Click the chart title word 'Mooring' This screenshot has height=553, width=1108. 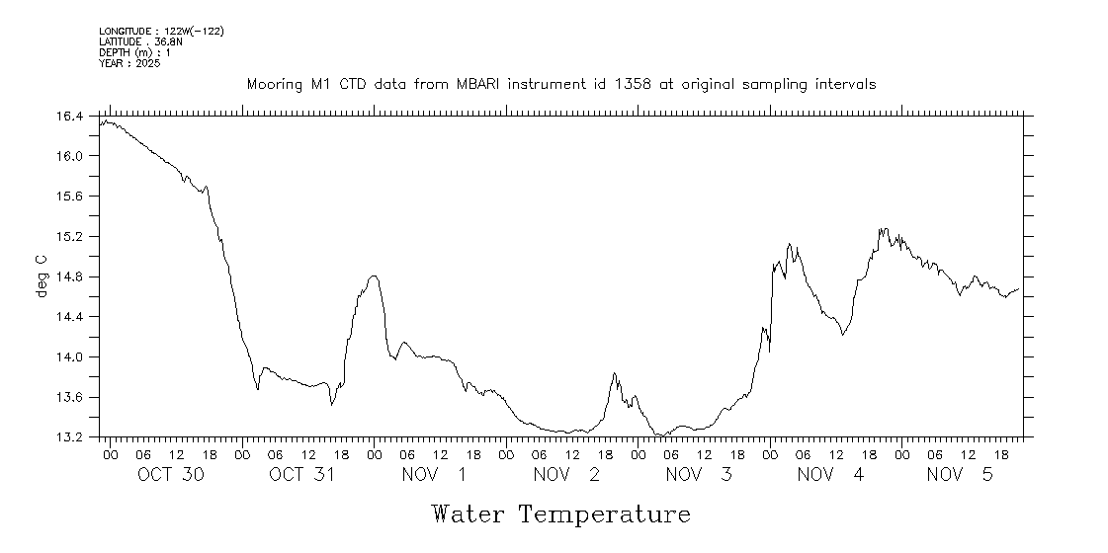pyautogui.click(x=277, y=85)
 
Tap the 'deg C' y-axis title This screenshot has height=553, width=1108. pyautogui.click(x=42, y=276)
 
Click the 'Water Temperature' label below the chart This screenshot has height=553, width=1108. pyautogui.click(x=560, y=514)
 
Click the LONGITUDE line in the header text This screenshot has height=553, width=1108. pyautogui.click(x=161, y=32)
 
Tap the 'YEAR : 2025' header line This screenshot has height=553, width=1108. pyautogui.click(x=129, y=63)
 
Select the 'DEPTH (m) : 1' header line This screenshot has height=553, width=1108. pyautogui.click(x=134, y=52)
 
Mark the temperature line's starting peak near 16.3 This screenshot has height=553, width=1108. pyautogui.click(x=106, y=121)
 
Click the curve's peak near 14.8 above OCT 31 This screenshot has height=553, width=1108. pyautogui.click(x=374, y=276)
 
